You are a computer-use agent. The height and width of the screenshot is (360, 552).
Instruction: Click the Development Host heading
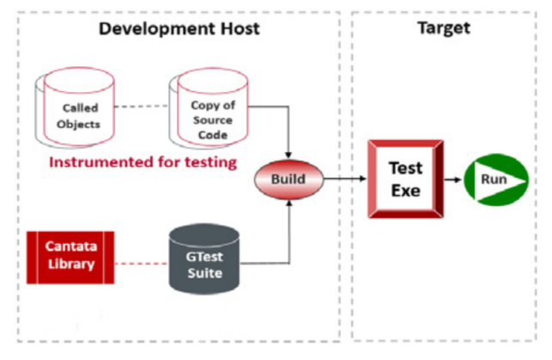point(179,29)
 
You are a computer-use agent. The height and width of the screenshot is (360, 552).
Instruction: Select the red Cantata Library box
point(70,256)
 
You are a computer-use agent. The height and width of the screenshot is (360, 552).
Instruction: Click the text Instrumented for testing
point(142,161)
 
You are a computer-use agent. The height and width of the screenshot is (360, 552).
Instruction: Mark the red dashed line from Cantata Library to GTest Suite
point(136,256)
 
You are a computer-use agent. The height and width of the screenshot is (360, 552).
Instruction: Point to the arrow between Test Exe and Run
point(453,181)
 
